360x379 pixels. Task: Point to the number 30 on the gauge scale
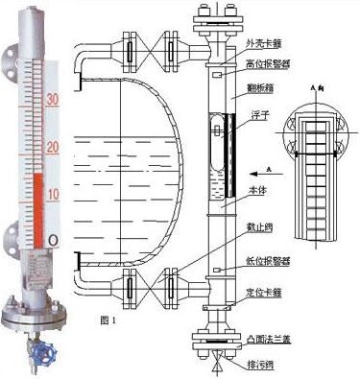pyautogui.click(x=54, y=99)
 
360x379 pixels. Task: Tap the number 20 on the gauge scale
pyautogui.click(x=54, y=146)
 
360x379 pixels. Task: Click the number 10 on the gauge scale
pyautogui.click(x=54, y=195)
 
